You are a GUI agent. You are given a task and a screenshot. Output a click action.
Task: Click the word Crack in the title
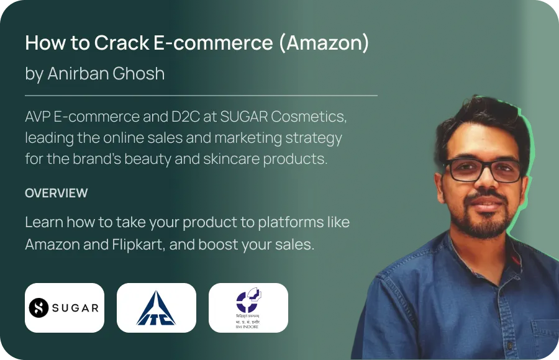[122, 43]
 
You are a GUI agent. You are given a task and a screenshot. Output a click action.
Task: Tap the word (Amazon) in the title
[324, 43]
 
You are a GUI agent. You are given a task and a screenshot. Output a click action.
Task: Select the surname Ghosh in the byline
[139, 73]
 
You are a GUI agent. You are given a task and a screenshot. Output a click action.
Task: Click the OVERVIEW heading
[57, 193]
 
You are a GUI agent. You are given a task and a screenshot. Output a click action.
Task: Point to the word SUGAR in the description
[244, 117]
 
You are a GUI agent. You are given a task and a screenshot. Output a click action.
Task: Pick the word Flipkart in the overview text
[139, 245]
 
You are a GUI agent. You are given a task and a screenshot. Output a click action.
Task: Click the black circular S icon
[39, 308]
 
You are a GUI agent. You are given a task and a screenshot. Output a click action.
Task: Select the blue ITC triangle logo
[156, 308]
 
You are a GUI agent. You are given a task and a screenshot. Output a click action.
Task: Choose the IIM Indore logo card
[248, 308]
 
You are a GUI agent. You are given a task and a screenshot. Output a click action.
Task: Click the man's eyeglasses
[483, 170]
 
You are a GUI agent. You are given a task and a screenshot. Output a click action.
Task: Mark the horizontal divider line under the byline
[201, 96]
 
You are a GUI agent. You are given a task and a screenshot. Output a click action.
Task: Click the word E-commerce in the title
[213, 43]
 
